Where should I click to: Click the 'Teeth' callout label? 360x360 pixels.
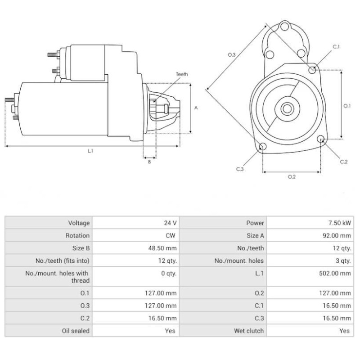pos(182,74)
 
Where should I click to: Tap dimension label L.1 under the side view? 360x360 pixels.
pos(90,151)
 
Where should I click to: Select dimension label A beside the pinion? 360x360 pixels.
pos(196,108)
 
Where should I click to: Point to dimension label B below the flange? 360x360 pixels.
pos(149,162)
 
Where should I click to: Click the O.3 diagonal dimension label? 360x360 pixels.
pos(231,54)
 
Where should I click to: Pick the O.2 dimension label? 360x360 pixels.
pos(292,176)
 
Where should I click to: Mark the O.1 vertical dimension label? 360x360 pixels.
pos(346,106)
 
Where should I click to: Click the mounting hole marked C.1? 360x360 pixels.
pos(313,69)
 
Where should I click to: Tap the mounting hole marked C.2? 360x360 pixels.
pos(321,139)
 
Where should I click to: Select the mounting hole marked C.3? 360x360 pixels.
pos(263,146)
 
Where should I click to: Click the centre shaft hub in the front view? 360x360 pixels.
pos(286,108)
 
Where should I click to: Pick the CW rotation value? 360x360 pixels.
pos(171,235)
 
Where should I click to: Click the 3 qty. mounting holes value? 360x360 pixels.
pos(343,261)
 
